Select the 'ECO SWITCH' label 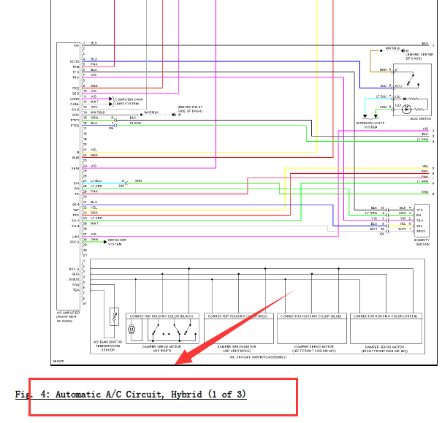421,118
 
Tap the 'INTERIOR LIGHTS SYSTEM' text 370,125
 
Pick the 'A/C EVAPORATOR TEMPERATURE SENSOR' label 112,345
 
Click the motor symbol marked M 132,329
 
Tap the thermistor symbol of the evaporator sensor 113,318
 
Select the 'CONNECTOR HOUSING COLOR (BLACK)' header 161,316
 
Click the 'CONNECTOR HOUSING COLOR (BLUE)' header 310,316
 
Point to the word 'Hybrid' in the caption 188,395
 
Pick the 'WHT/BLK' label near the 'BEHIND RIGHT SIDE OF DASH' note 150,113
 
